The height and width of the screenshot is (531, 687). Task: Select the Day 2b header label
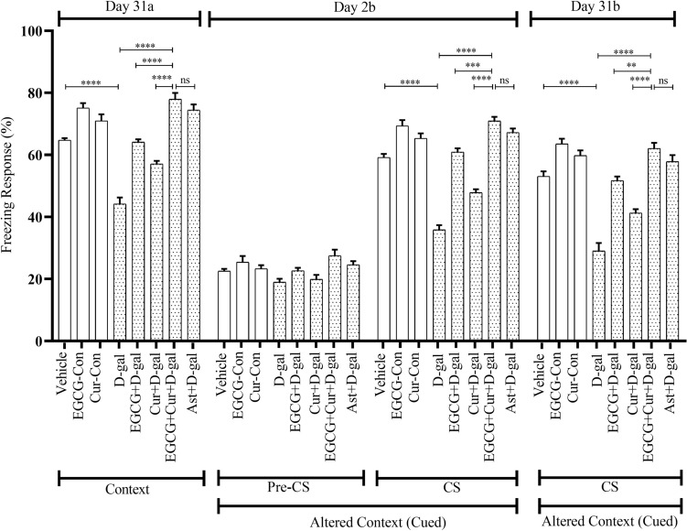[362, 7]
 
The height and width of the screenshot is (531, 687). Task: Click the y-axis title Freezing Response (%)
[11, 186]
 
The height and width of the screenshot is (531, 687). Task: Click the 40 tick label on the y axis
[37, 217]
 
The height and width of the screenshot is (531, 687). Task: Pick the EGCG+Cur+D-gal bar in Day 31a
[174, 220]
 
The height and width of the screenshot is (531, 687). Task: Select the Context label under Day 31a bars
[128, 464]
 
